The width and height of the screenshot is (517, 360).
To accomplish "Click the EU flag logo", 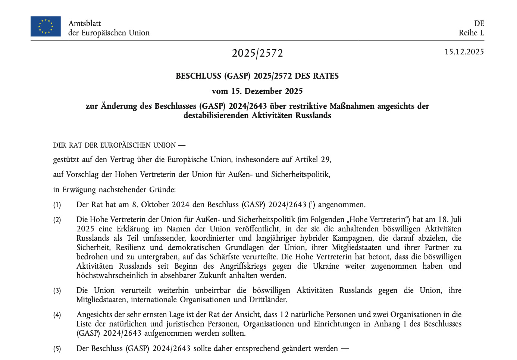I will pos(46,26).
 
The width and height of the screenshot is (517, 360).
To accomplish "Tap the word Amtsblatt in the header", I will pos(84,23).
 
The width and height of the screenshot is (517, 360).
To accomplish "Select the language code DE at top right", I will pos(479,23).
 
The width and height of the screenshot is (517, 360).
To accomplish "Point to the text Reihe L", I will pos(471,33).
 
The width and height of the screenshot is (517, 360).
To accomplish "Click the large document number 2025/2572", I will pos(257,53).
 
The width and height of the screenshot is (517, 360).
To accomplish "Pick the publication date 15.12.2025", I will pos(464,52).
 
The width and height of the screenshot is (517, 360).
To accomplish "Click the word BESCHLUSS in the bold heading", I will pos(198,76).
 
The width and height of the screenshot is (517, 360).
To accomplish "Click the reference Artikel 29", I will pos(313,160).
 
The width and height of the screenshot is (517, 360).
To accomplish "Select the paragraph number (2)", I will pos(57,220).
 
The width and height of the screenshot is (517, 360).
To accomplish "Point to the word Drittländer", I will pos(267,300).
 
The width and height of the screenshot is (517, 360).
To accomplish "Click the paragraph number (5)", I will pos(57,349).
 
